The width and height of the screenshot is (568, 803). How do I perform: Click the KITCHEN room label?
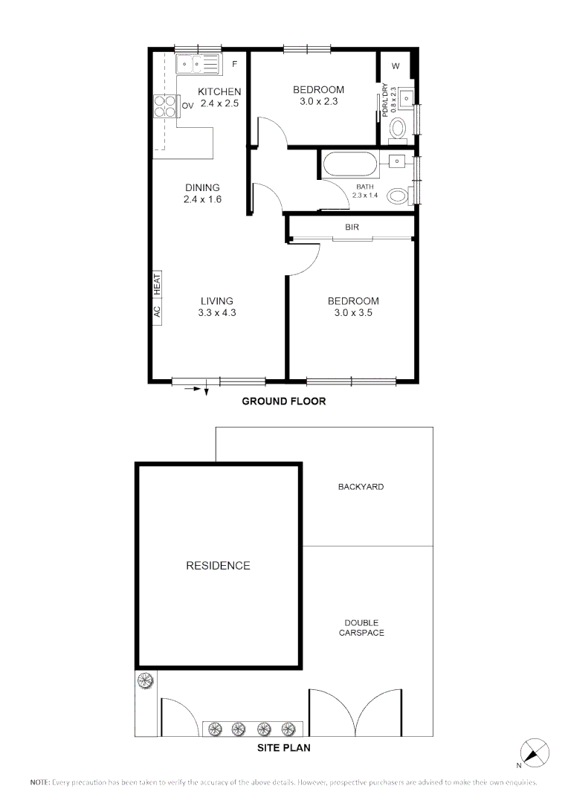(219, 91)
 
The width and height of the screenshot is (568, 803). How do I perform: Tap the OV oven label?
(187, 106)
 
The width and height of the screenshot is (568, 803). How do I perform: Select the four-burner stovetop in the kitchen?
(165, 106)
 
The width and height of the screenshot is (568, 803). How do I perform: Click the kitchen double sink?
(198, 65)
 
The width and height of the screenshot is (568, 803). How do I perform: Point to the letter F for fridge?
(234, 64)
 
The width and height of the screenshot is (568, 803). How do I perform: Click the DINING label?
(203, 187)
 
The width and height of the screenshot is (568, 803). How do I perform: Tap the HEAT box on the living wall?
(157, 283)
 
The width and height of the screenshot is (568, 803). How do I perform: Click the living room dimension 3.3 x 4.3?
(217, 313)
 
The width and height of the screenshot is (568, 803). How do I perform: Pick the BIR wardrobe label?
(352, 228)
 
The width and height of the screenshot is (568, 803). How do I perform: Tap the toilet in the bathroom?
(398, 196)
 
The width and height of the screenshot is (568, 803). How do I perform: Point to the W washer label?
(396, 66)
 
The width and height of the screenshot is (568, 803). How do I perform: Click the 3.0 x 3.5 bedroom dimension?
(353, 313)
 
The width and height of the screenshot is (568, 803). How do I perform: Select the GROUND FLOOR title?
(284, 401)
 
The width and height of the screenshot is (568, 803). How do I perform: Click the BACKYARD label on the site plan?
(361, 487)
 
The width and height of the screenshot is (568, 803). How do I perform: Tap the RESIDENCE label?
(218, 566)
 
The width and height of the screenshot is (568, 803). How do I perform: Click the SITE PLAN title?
(284, 748)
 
